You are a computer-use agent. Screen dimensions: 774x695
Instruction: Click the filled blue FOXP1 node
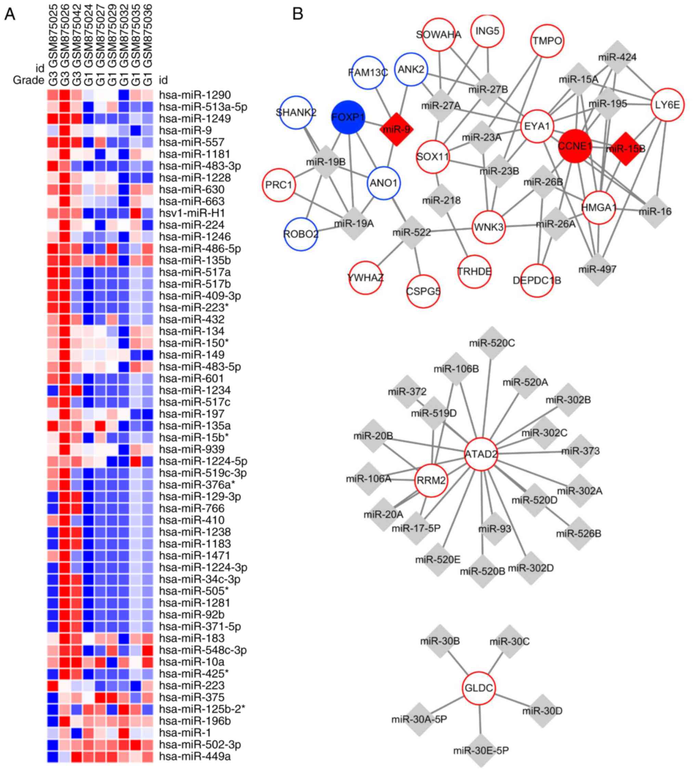347,118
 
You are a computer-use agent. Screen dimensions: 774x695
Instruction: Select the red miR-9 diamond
396,129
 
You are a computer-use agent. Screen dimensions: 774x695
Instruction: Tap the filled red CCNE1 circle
575,146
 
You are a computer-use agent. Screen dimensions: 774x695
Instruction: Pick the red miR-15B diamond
626,148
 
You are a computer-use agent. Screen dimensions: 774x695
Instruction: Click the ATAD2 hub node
481,454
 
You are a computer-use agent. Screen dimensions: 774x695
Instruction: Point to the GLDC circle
478,688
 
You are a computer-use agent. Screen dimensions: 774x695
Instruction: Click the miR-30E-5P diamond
481,750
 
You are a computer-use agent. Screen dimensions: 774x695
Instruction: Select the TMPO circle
547,41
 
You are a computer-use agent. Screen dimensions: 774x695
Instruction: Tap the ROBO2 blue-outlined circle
301,233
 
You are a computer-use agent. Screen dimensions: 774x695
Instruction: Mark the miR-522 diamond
412,232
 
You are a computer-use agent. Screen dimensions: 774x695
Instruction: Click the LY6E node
667,105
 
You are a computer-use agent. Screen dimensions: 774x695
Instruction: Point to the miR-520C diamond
492,343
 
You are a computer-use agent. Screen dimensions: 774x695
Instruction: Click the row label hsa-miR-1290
195,95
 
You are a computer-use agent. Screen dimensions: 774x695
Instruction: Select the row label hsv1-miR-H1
192,213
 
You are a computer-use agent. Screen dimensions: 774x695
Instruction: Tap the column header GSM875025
53,34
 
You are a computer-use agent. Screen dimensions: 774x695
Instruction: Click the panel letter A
10,14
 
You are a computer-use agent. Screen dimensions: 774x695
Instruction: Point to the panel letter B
298,14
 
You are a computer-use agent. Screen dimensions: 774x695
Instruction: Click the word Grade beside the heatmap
28,80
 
